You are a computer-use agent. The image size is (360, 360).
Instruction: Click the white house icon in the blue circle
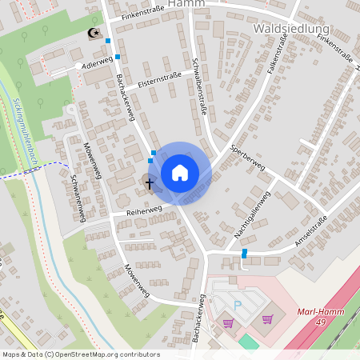[x=180, y=173]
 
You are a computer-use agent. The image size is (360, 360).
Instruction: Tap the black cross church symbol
[x=149, y=183]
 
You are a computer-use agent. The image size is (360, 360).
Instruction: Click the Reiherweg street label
[x=144, y=210]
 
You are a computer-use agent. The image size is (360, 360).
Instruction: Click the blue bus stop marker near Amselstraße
[x=245, y=253]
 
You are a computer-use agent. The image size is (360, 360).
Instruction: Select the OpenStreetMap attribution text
[x=81, y=354]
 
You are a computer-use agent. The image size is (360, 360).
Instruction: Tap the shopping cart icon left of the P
[x=228, y=323]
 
